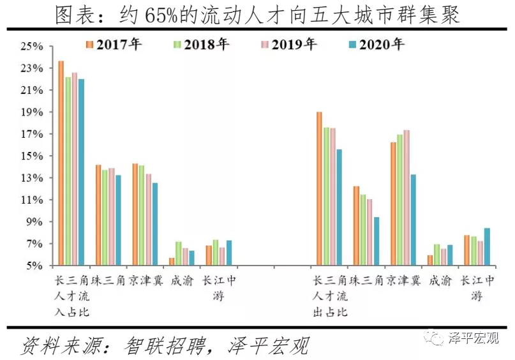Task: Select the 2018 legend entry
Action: point(201,45)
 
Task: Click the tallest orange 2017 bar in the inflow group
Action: point(61,163)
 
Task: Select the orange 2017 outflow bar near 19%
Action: point(319,188)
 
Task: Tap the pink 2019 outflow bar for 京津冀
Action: point(407,197)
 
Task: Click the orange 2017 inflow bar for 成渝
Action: point(172,261)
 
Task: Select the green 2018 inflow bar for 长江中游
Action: point(216,252)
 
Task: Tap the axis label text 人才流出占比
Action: point(329,296)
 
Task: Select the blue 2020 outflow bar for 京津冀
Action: point(413,220)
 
